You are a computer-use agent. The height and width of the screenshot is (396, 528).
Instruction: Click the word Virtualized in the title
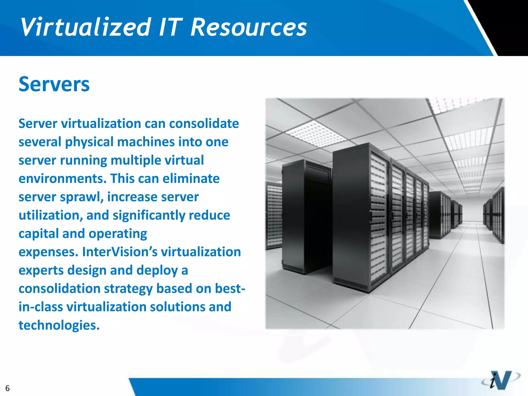(86, 27)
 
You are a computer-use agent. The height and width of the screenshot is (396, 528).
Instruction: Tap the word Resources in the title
(249, 27)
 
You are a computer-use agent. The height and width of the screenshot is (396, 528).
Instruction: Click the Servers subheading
(54, 84)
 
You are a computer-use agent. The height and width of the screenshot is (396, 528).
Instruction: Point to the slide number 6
(7, 388)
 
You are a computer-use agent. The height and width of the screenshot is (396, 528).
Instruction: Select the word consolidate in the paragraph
(204, 123)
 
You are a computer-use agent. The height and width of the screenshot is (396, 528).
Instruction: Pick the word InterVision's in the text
(120, 252)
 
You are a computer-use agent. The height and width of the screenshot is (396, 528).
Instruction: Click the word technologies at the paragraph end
(59, 325)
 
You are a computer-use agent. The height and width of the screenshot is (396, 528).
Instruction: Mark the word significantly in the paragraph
(149, 216)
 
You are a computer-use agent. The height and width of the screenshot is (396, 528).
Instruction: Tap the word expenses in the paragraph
(48, 252)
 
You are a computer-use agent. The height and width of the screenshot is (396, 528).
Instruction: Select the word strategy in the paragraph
(128, 289)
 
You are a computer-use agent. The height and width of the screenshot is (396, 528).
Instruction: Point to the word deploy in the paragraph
(157, 270)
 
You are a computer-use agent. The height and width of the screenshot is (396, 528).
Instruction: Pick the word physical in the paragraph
(89, 142)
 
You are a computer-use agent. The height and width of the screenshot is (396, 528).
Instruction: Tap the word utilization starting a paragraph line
(51, 216)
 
